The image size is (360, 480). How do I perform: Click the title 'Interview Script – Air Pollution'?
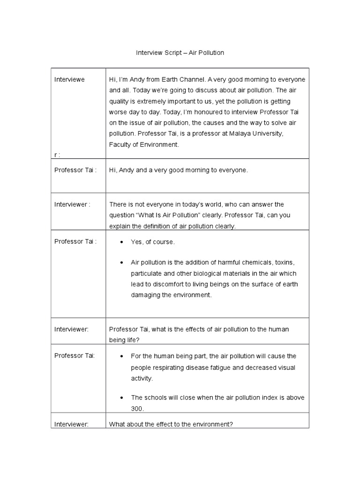180,53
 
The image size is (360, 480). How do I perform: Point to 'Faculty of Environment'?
143,145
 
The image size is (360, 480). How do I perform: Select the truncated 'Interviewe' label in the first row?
69,79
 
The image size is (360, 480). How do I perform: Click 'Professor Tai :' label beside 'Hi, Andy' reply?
75,170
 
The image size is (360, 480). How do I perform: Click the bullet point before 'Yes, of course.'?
121,242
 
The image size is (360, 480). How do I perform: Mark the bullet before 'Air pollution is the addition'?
121,262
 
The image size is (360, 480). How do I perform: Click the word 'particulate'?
146,273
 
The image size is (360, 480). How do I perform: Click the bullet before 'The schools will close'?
121,397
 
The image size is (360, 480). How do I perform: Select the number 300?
137,409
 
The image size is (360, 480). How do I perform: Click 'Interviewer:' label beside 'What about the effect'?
71,424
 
